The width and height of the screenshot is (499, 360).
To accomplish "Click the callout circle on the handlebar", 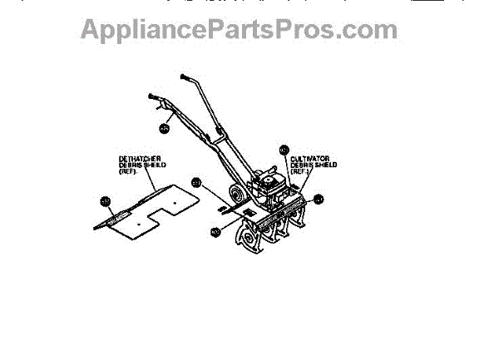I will [x=164, y=128].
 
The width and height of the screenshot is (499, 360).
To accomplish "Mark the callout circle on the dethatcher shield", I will [x=106, y=200].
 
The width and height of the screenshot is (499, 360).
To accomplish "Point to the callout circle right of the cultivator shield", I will [x=319, y=199].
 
